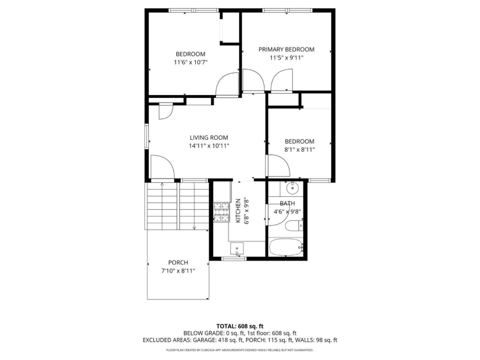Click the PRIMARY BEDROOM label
pyautogui.click(x=286, y=49)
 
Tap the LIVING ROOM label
pyautogui.click(x=209, y=137)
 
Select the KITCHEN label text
pyautogui.click(x=238, y=211)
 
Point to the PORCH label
pyautogui.click(x=178, y=262)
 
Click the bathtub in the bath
pyautogui.click(x=286, y=247)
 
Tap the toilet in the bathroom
pyautogui.click(x=294, y=226)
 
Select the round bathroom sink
pyautogui.click(x=292, y=188)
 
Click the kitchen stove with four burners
pyautogui.click(x=221, y=212)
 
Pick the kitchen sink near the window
pyautogui.click(x=237, y=248)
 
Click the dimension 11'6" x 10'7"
pyautogui.click(x=190, y=62)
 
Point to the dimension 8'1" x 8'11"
pyautogui.click(x=299, y=150)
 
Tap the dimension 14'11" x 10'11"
pyautogui.click(x=209, y=146)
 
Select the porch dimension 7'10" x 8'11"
pyautogui.click(x=178, y=271)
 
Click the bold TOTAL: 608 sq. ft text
pyautogui.click(x=240, y=326)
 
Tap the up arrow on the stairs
pyautogui.click(x=162, y=184)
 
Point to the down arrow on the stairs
pyautogui.click(x=194, y=228)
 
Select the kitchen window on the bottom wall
pyautogui.click(x=234, y=258)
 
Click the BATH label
pyautogui.click(x=287, y=203)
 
